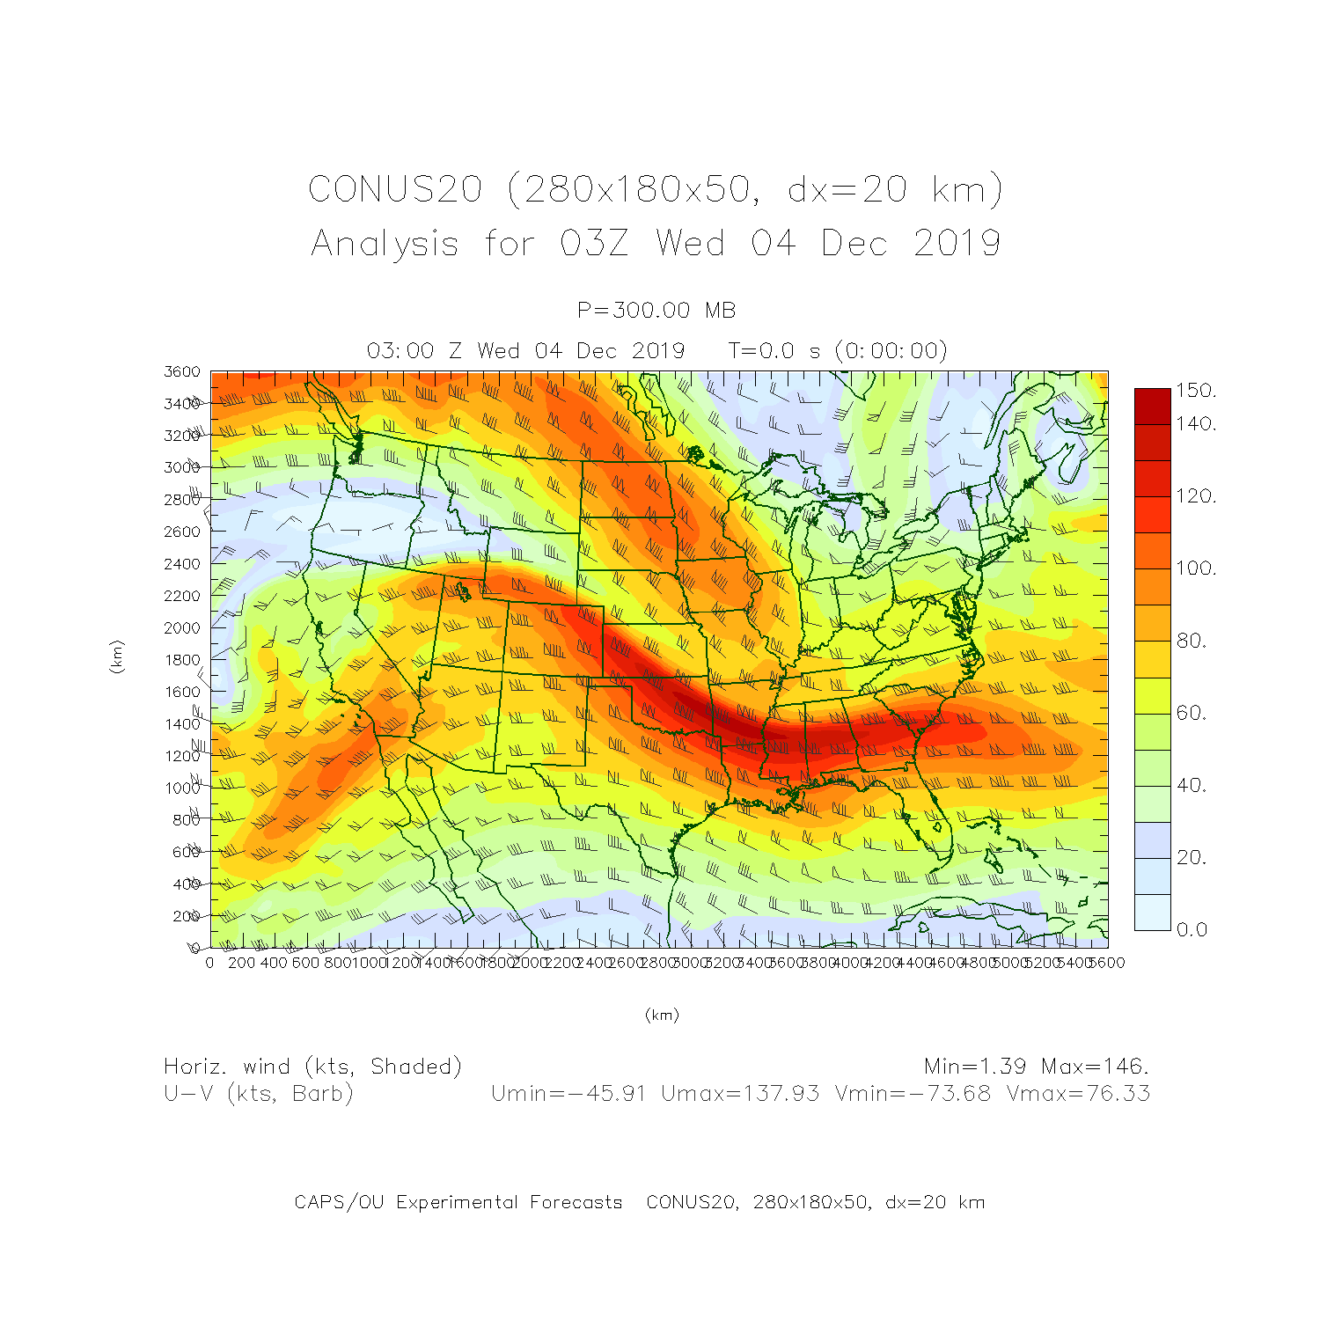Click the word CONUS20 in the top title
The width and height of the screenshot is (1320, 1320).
tap(395, 189)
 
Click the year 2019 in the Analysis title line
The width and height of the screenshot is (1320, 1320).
tap(957, 243)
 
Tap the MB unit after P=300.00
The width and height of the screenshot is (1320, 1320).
tap(720, 310)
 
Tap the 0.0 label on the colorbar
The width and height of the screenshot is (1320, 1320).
tap(1192, 929)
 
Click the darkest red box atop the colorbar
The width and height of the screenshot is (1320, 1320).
tap(1152, 407)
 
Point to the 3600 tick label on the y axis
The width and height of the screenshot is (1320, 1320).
tap(182, 371)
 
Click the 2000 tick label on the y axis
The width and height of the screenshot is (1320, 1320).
tap(182, 627)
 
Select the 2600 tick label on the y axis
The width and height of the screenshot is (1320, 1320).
tap(182, 532)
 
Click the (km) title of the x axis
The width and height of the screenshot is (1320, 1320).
tap(662, 1015)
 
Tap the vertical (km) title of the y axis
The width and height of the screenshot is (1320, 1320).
tap(116, 656)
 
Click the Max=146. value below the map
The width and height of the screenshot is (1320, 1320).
tap(1095, 1067)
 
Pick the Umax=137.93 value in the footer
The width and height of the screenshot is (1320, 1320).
tap(740, 1094)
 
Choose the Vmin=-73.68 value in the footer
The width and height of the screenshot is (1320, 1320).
tap(913, 1094)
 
